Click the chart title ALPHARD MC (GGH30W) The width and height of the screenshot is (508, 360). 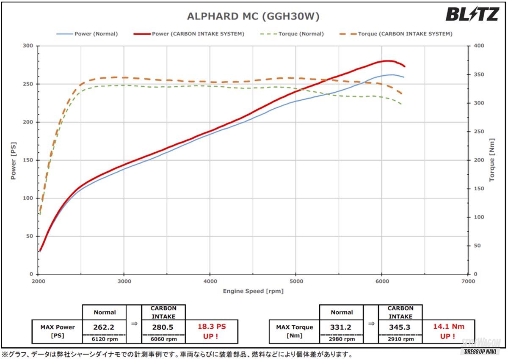tap(253, 16)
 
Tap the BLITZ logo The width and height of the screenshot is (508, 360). tap(472, 14)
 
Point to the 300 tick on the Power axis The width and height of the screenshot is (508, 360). tap(28, 46)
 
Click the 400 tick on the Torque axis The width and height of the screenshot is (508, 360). tap(478, 46)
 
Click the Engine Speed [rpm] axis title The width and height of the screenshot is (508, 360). tap(253, 291)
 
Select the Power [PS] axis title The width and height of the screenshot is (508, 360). tap(14, 160)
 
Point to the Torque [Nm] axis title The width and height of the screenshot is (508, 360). tap(492, 160)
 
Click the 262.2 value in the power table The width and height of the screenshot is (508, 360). tap(104, 327)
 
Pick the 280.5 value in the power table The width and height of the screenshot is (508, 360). tap(163, 327)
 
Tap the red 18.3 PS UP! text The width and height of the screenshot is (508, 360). tap(212, 331)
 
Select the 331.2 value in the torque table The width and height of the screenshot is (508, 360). tap(341, 327)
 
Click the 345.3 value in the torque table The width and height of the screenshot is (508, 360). tap(400, 327)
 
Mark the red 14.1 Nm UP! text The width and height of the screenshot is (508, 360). tap(449, 331)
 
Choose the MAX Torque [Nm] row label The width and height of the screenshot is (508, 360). tap(295, 331)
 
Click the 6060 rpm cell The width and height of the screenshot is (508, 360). tap(163, 339)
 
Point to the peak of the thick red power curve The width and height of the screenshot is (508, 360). tap(387, 60)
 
